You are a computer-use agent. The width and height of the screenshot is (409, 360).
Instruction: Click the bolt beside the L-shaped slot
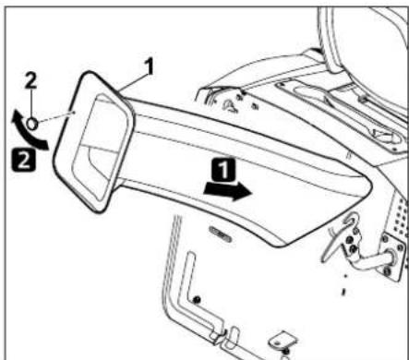[197, 298]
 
